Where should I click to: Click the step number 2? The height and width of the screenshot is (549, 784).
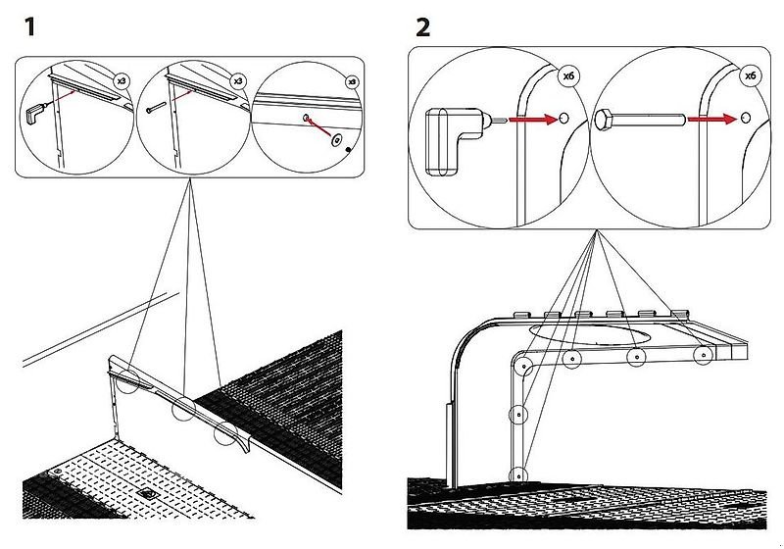(422, 26)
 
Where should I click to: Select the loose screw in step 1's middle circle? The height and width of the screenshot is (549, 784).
(150, 111)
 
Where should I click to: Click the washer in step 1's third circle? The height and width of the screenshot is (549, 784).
(336, 140)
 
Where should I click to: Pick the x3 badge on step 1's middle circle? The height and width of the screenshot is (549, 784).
(237, 77)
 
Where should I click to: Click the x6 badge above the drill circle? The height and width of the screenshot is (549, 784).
(569, 75)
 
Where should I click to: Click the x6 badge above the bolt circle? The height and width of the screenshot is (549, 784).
(751, 75)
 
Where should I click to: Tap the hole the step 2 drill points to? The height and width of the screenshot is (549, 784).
(563, 119)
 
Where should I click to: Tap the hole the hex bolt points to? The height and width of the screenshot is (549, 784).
(744, 119)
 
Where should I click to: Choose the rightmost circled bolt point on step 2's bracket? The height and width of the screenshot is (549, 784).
(702, 355)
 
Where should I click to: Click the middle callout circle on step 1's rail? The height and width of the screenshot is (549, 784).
(181, 410)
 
